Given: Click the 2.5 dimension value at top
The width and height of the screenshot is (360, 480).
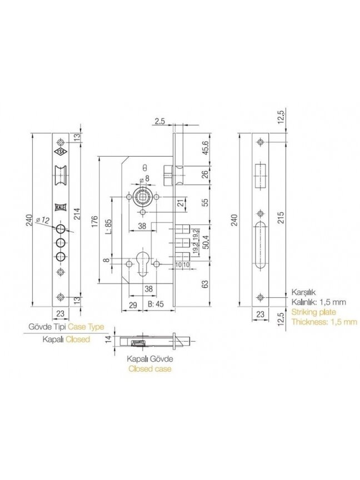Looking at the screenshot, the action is pyautogui.click(x=160, y=122).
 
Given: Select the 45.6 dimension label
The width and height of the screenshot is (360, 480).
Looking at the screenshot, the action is pyautogui.click(x=205, y=147).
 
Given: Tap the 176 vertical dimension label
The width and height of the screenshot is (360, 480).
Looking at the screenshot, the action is pyautogui.click(x=94, y=221).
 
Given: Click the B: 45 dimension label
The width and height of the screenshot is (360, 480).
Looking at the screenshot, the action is pyautogui.click(x=156, y=304).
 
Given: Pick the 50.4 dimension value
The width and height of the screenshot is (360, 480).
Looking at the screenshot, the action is pyautogui.click(x=205, y=242).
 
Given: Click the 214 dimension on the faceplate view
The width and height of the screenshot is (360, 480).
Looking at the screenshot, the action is pyautogui.click(x=77, y=214).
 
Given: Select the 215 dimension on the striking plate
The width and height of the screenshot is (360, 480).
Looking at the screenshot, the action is pyautogui.click(x=281, y=217).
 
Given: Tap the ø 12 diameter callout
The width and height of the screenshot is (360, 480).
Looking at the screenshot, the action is pyautogui.click(x=42, y=220).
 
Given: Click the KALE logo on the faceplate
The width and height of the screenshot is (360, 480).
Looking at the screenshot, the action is pyautogui.click(x=61, y=207).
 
